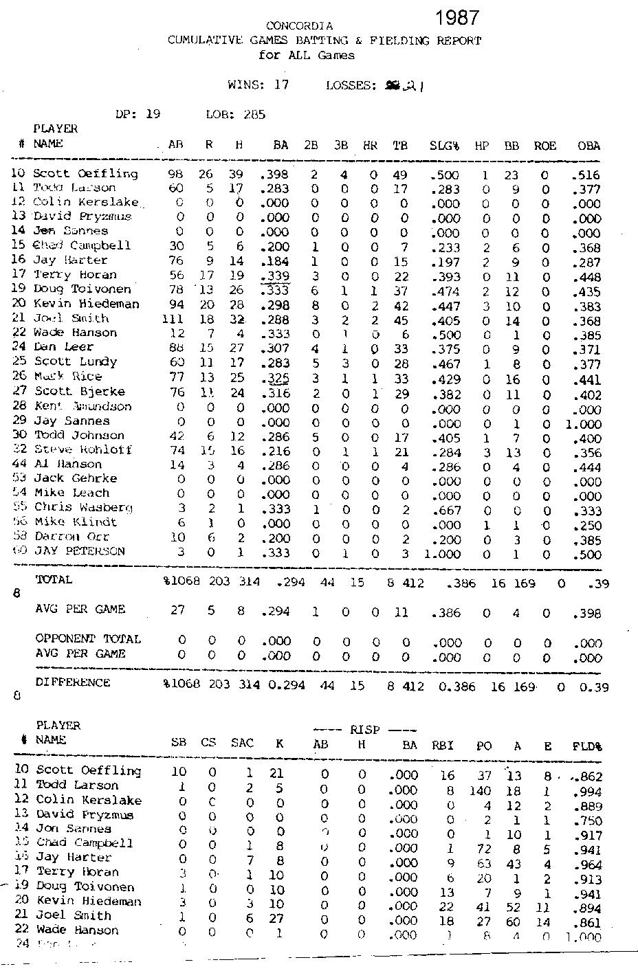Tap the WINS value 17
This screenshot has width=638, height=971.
coord(280,85)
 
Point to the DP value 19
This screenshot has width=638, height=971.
coord(153,114)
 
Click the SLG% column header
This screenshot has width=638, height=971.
coord(444,146)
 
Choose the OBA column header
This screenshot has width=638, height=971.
coord(588,146)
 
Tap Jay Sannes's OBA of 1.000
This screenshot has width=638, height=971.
coord(583,425)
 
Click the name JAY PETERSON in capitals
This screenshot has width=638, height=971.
coord(80,551)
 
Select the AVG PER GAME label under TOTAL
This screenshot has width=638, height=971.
coord(80,609)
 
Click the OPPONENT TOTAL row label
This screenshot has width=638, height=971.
coord(88,639)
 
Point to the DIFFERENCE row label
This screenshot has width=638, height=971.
coord(72,682)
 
